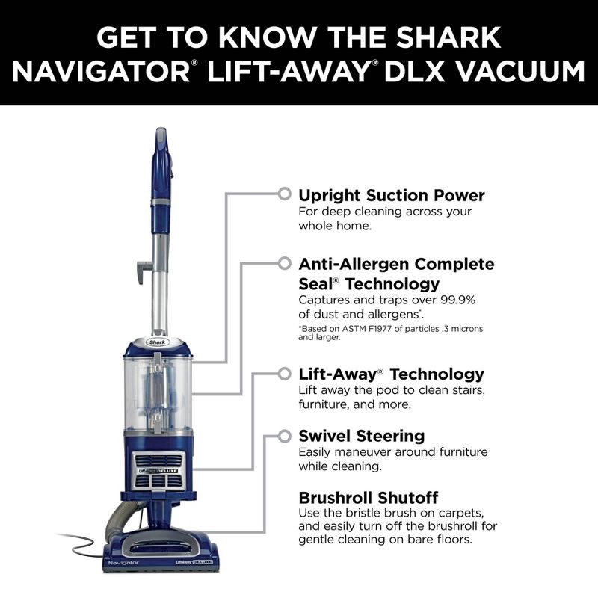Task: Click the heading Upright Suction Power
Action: click(391, 196)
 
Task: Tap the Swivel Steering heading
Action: click(361, 436)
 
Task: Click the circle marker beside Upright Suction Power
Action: click(284, 194)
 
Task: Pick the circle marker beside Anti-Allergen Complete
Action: click(284, 264)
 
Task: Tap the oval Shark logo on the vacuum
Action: click(158, 342)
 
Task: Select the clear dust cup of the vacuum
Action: click(158, 392)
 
